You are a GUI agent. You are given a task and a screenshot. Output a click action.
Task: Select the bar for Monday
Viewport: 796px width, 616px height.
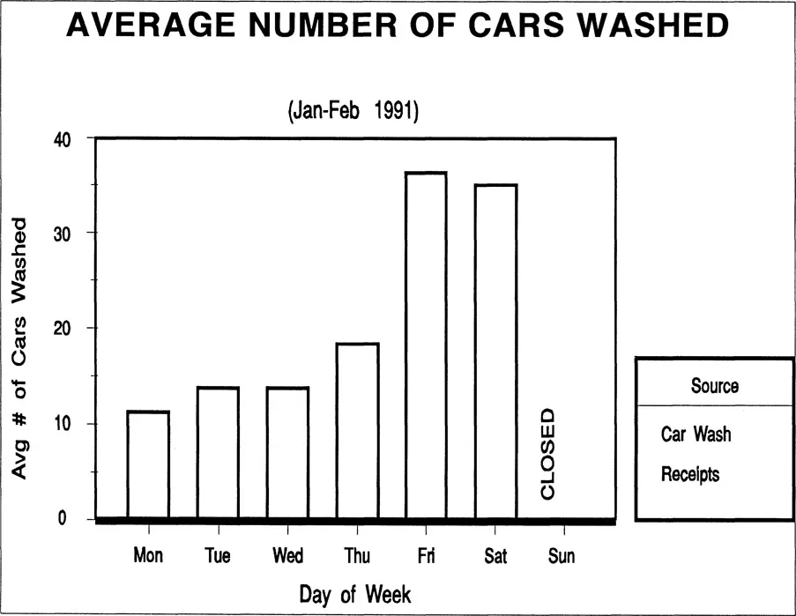(x=148, y=464)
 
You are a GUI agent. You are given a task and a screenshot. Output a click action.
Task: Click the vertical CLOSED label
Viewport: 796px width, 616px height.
(x=547, y=454)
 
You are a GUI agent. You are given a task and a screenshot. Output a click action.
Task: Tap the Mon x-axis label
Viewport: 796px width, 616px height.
(x=148, y=556)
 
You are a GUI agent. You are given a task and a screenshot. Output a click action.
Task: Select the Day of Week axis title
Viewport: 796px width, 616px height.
(x=354, y=593)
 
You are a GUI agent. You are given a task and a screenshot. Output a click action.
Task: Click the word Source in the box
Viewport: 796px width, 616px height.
(x=715, y=386)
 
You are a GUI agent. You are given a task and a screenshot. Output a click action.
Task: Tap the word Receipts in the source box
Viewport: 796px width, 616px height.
(x=690, y=475)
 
